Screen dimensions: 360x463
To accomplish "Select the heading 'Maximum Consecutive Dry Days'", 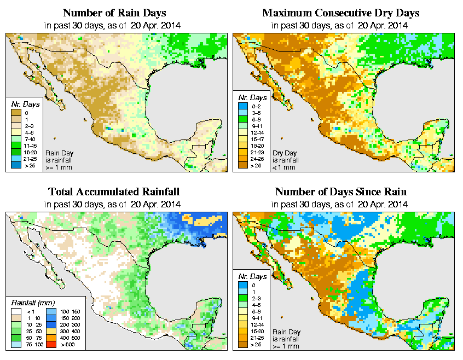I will pos(340,13).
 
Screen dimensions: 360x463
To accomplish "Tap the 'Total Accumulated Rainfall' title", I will pos(113,192).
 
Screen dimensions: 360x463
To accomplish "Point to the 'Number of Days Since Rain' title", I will pos(340,192).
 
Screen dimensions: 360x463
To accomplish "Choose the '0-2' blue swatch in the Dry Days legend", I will pos(242,104).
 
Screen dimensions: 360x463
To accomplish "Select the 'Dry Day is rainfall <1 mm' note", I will pos(285,159).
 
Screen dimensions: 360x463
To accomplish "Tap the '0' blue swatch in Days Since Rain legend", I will pos(242,285).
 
